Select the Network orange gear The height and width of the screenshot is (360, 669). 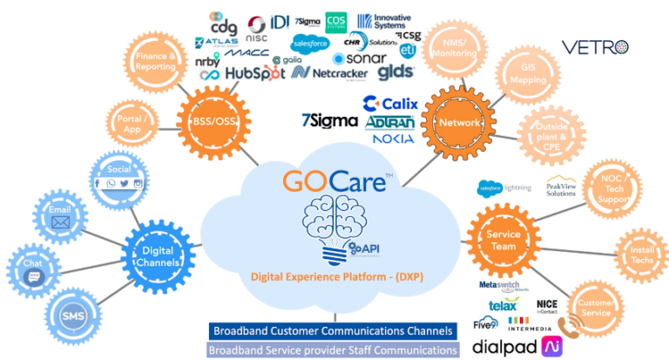[460, 123]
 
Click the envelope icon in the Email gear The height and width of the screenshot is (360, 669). [61, 223]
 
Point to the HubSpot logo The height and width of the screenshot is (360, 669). [255, 74]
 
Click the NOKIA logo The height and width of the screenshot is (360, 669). [392, 139]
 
